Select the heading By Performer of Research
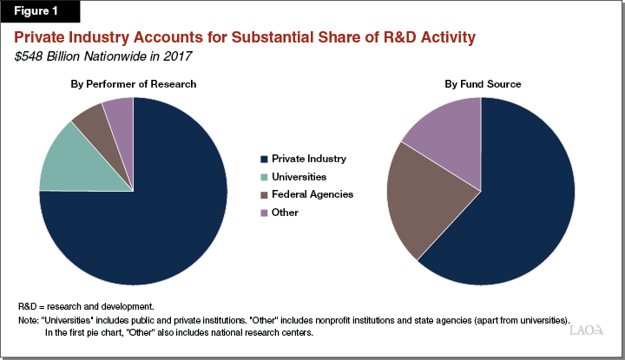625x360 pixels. click(x=133, y=83)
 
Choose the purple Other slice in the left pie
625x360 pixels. click(x=120, y=113)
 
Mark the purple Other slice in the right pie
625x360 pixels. click(x=447, y=134)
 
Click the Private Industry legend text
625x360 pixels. click(x=308, y=159)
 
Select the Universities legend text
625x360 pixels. click(x=300, y=176)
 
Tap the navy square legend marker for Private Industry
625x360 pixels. click(x=263, y=159)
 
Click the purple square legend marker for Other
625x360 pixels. click(x=263, y=213)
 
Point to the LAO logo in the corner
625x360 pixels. click(x=586, y=331)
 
